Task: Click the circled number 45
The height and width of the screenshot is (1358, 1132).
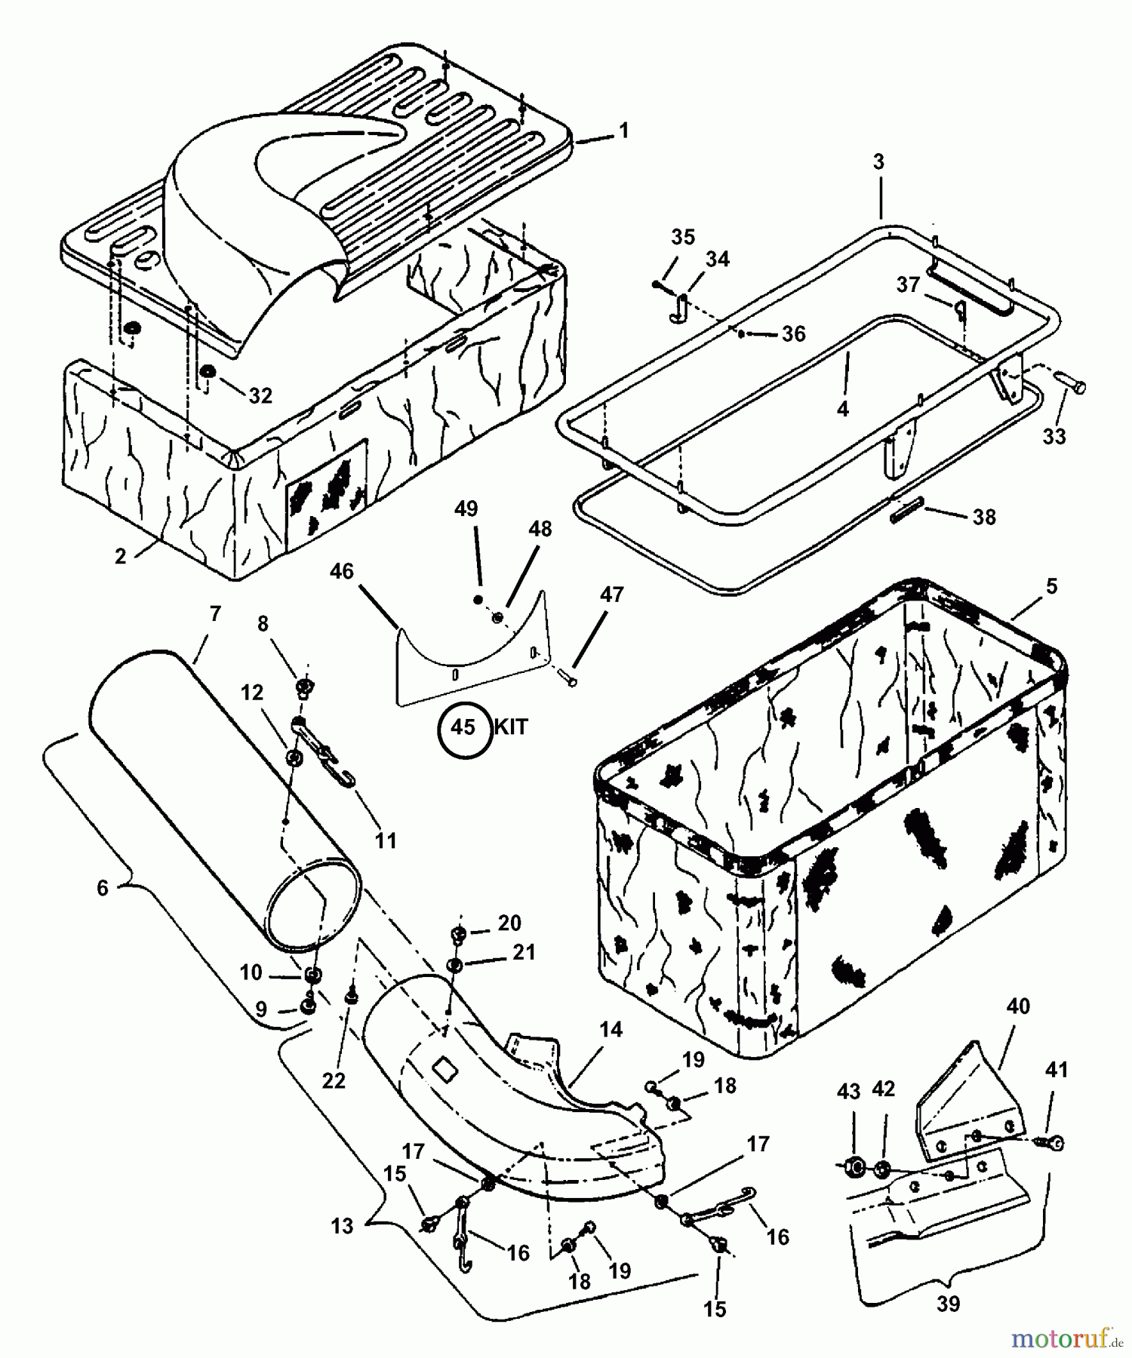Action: point(463,727)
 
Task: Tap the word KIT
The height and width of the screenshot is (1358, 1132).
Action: point(511,727)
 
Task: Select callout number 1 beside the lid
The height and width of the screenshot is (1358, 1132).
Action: point(623,131)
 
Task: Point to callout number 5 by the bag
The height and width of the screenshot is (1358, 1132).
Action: point(1052,586)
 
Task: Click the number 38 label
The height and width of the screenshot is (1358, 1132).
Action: point(983,517)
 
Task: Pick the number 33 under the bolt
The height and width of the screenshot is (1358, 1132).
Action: point(1054,436)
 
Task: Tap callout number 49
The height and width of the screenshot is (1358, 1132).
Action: point(466,508)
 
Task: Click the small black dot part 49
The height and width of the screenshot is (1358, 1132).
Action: point(478,599)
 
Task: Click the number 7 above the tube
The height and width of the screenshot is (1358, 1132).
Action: point(215,614)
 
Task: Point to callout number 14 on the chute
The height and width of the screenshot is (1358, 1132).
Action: point(611,1029)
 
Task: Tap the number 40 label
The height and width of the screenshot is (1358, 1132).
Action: point(1018,1006)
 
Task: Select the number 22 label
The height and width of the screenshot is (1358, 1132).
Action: point(334,1080)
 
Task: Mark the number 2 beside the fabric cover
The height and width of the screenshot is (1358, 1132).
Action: point(121,556)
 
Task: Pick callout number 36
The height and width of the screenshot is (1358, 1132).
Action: point(793,333)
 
